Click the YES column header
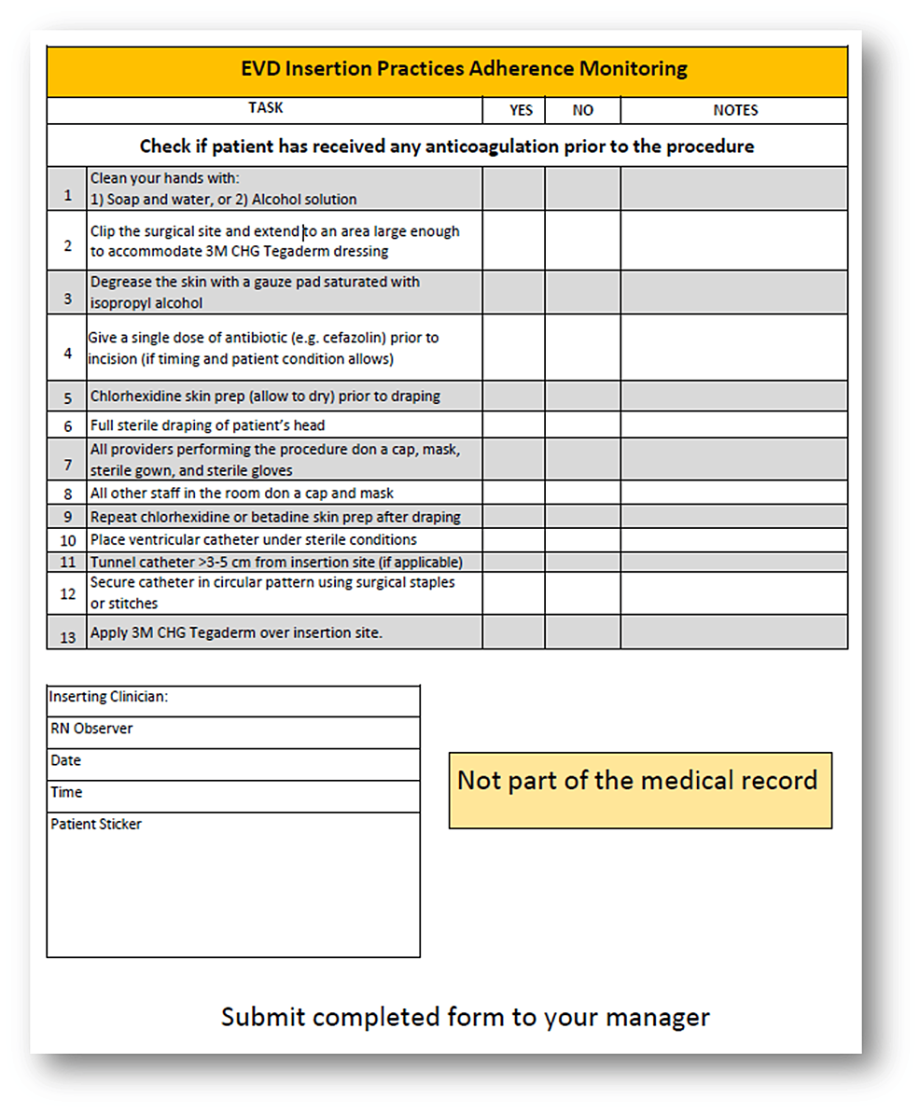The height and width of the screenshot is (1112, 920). coord(521,110)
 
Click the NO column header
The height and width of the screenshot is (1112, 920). coord(582,110)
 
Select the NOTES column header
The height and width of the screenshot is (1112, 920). coord(734,110)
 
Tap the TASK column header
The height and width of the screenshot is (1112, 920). coord(265,108)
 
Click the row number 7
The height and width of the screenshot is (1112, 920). coord(66,464)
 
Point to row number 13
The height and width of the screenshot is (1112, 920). coord(66,637)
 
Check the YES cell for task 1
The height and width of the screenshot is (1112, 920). coord(513,188)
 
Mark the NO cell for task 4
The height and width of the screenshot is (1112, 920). coord(582,347)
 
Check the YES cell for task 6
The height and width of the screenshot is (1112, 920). coord(513,425)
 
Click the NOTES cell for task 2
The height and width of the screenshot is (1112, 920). coord(734,240)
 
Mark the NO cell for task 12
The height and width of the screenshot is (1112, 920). coord(582,593)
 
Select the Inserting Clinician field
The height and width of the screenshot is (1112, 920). coord(233,701)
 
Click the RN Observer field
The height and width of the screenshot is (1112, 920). coord(233,732)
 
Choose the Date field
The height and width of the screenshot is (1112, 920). coord(233,764)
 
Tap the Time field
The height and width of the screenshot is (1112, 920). coord(233,796)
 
